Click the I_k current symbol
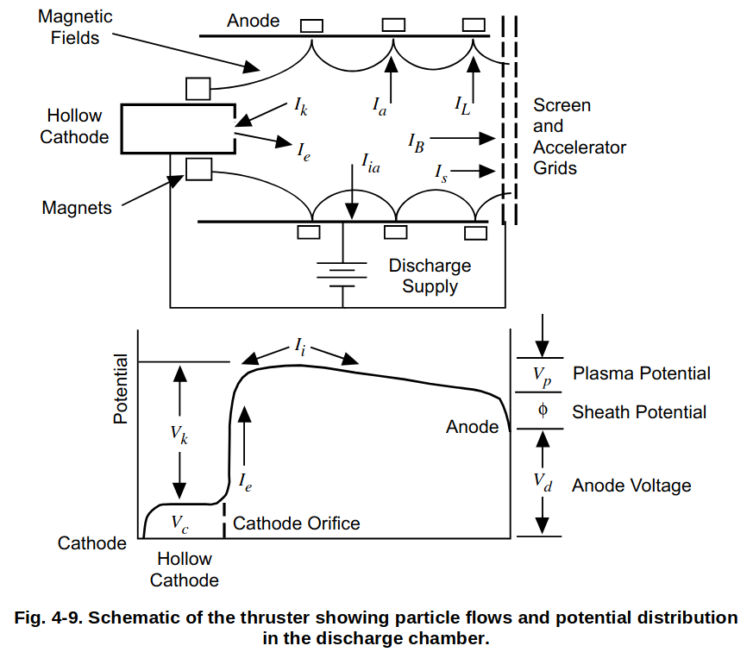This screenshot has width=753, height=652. pyautogui.click(x=300, y=106)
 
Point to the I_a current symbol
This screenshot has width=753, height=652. pyautogui.click(x=379, y=104)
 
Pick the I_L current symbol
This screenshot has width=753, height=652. pyautogui.click(x=462, y=104)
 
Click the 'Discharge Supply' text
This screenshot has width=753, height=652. pyautogui.click(x=430, y=276)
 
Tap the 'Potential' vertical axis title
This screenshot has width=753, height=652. pyautogui.click(x=120, y=389)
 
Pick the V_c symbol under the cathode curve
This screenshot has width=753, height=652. pyautogui.click(x=179, y=523)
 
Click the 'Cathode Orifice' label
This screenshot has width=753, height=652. pyautogui.click(x=296, y=523)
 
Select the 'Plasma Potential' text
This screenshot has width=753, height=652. pyautogui.click(x=642, y=373)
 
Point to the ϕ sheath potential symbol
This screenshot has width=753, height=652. pyautogui.click(x=543, y=411)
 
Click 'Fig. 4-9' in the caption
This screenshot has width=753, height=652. pyautogui.click(x=47, y=618)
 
